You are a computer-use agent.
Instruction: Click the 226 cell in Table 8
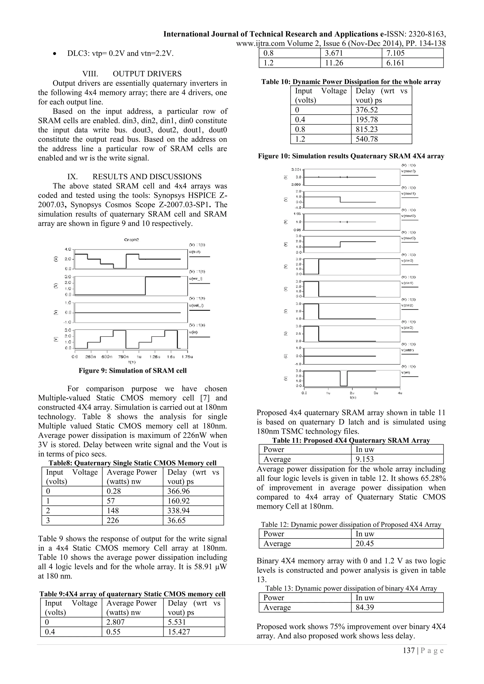click(x=113, y=521)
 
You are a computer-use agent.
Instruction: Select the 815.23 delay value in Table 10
click(x=367, y=129)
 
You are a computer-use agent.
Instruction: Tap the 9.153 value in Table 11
click(x=364, y=459)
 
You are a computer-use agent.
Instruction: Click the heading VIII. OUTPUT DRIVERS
click(x=132, y=74)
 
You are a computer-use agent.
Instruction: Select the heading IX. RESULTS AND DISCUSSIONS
click(x=134, y=176)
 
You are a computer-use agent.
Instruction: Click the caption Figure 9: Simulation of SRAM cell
click(x=133, y=371)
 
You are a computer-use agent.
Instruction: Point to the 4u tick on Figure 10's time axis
click(x=400, y=393)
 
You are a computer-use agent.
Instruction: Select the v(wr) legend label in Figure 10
click(x=406, y=373)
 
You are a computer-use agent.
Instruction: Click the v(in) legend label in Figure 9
click(x=193, y=332)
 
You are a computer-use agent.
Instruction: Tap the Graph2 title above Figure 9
click(x=131, y=239)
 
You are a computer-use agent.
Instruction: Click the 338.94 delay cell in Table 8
click(x=178, y=511)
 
